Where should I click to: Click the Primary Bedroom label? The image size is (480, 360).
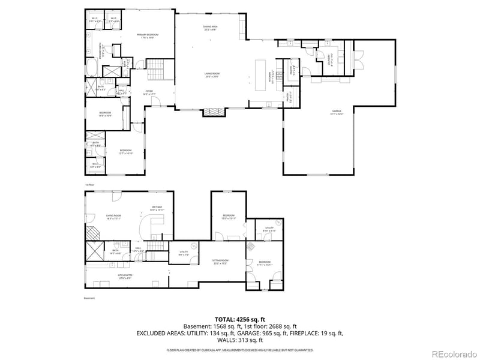click(x=147, y=36)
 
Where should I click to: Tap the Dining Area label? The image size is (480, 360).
click(x=210, y=28)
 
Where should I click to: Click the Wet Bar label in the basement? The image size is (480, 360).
click(x=157, y=209)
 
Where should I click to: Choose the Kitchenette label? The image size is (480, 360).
click(x=125, y=277)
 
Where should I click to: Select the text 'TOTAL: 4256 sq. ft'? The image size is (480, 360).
click(x=240, y=320)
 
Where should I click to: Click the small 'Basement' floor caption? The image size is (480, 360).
click(x=89, y=298)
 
